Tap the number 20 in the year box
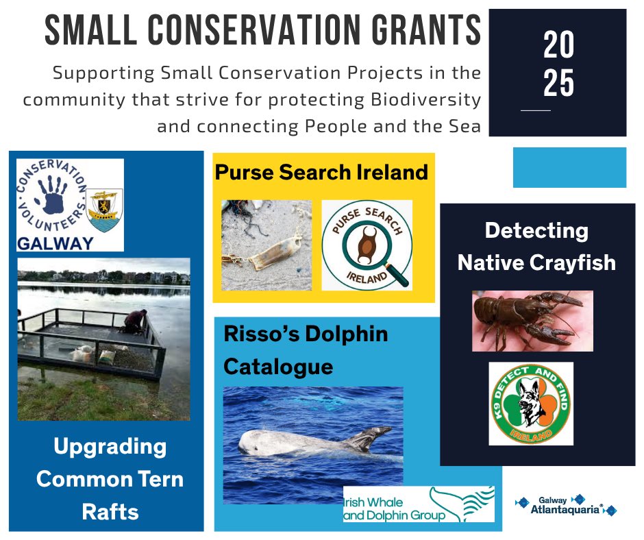click(558, 47)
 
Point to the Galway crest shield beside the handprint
click(106, 209)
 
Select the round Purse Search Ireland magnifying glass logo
click(367, 245)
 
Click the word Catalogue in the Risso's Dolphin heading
click(278, 367)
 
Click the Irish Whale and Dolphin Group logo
click(418, 505)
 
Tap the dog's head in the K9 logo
click(531, 403)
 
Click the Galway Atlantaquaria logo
click(565, 506)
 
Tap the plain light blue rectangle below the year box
click(569, 167)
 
